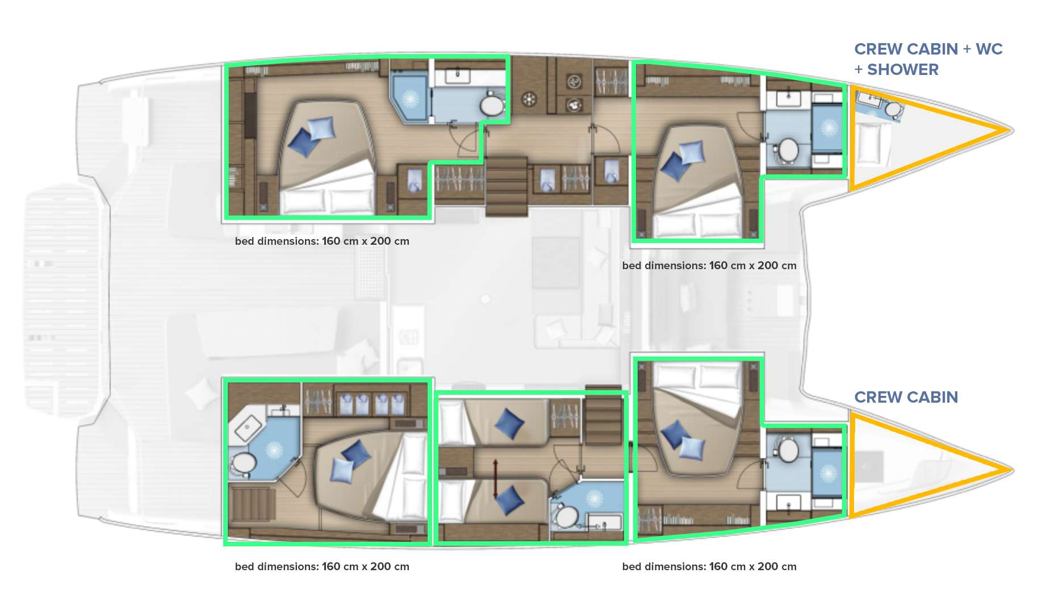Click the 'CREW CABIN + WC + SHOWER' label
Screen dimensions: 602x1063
pos(928,59)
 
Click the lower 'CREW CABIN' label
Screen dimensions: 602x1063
pos(906,397)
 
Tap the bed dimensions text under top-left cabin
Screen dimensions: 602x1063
pos(322,241)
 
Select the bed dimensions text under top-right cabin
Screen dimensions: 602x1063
pos(709,265)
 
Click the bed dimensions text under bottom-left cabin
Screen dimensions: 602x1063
pos(322,566)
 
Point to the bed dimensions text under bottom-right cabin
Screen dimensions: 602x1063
pos(709,566)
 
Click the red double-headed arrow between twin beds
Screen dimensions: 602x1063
pos(496,479)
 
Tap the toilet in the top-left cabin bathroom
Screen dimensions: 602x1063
pos(492,105)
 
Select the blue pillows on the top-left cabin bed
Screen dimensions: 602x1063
pos(311,136)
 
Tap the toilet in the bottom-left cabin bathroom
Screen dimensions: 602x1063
pos(243,463)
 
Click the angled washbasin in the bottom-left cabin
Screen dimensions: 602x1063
pos(248,427)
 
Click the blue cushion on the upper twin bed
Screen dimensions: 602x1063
pos(509,424)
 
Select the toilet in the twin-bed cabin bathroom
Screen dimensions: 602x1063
pos(565,516)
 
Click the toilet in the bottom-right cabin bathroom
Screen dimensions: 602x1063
pos(788,450)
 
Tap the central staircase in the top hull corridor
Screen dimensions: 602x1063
pos(507,186)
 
